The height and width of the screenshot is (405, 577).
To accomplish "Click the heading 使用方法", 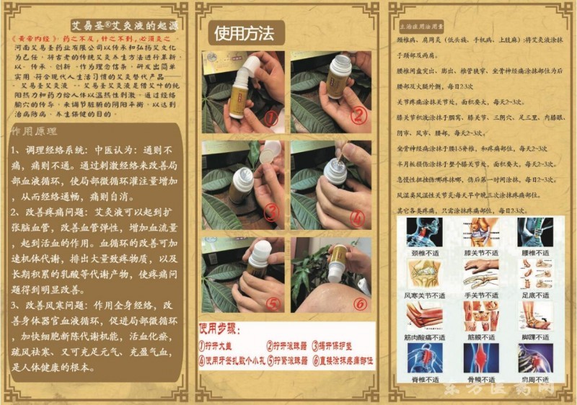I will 245,33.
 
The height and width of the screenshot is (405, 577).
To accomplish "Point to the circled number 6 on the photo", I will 359,303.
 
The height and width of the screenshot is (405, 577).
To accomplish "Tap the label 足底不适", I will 535,295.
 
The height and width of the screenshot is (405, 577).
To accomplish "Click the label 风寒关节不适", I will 425,295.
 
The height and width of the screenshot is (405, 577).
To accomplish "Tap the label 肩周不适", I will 535,378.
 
